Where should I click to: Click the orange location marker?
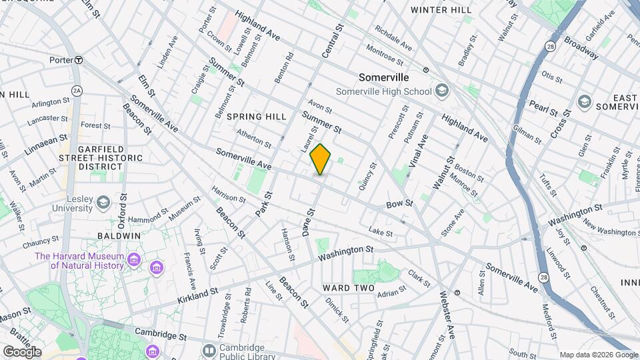[320, 159]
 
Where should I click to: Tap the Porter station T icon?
[79, 59]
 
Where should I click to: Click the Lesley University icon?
[103, 201]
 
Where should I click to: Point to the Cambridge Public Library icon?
[209, 350]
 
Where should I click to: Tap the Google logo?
[21, 352]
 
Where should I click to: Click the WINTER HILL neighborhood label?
[441, 10]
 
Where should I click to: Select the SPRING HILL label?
[256, 117]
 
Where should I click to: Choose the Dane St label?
[309, 221]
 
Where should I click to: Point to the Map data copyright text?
[599, 355]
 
